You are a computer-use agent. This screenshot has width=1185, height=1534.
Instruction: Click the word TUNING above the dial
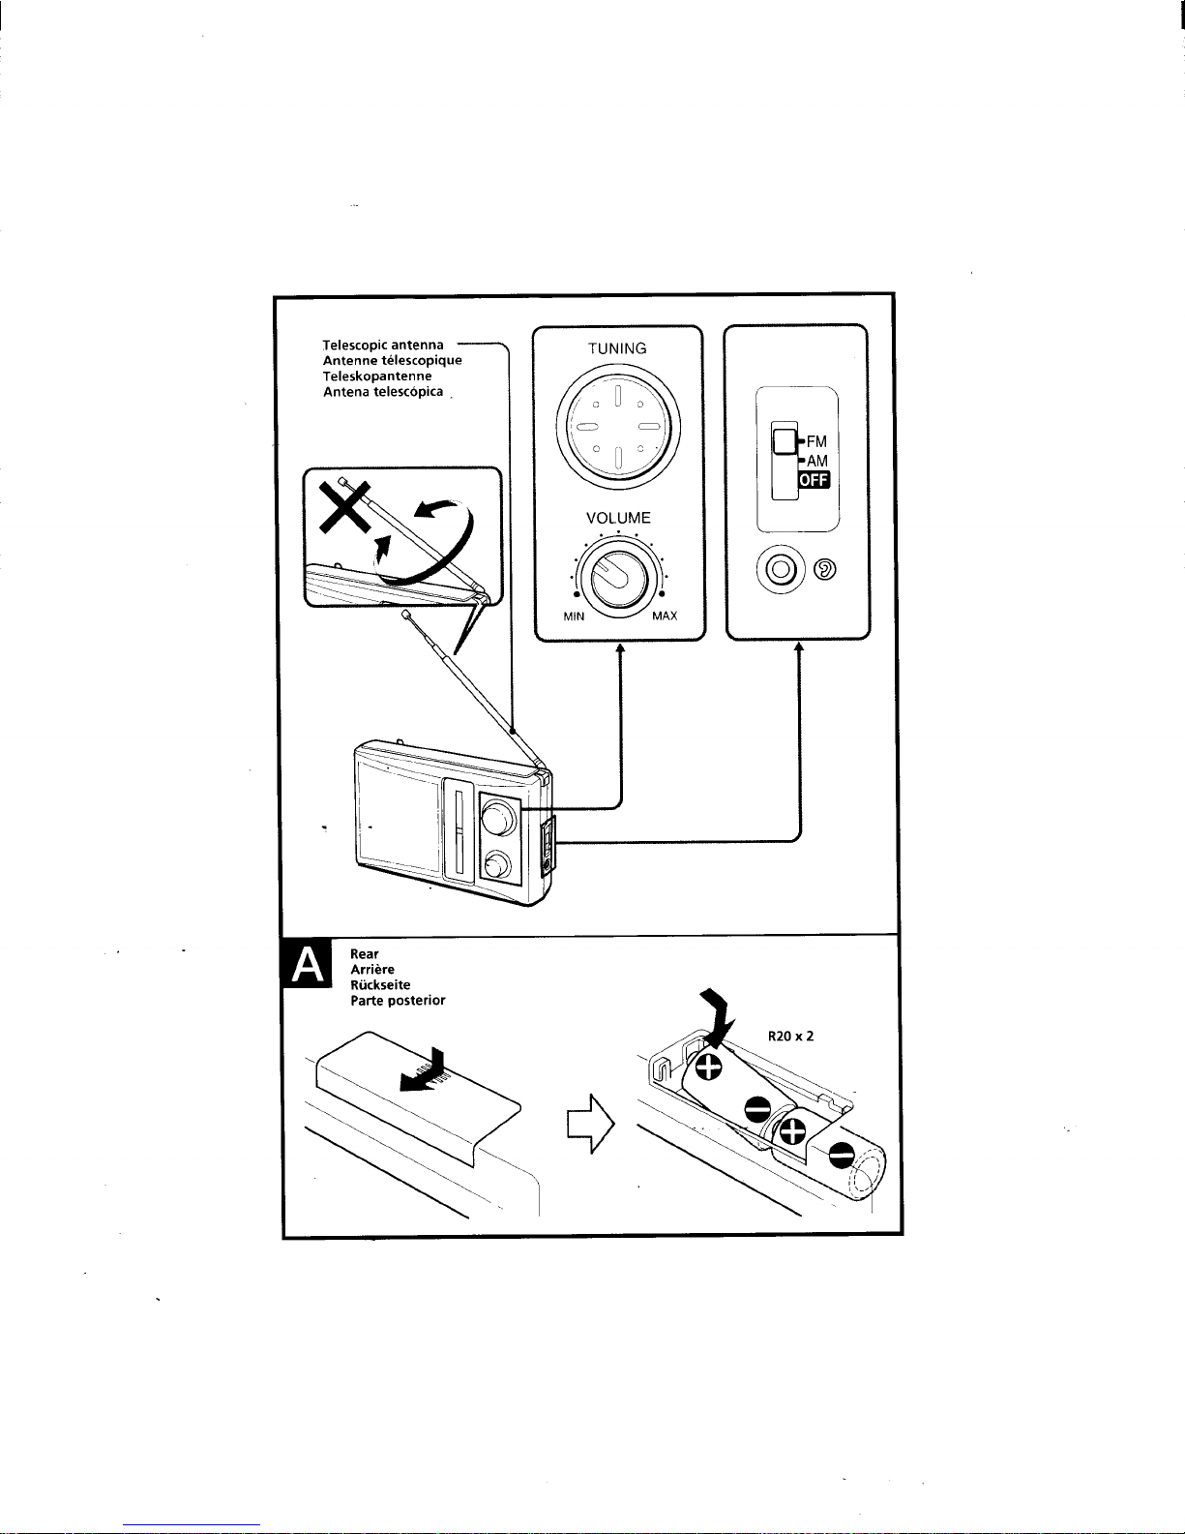(x=617, y=348)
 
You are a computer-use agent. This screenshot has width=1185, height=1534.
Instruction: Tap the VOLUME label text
(x=618, y=518)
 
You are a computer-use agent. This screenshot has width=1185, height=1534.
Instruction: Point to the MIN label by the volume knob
(x=575, y=617)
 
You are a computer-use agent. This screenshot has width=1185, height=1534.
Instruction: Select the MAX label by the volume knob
(x=664, y=617)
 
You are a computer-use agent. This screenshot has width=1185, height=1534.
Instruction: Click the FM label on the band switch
(x=816, y=443)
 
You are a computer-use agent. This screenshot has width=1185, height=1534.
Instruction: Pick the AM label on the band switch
(x=816, y=462)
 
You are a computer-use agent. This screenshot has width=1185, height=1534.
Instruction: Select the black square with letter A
(x=306, y=965)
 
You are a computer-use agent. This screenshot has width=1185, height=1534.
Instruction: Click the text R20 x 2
(x=790, y=1036)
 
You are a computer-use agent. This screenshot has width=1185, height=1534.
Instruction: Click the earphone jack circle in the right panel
(x=783, y=569)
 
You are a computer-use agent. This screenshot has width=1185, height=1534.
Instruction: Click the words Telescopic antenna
(x=384, y=345)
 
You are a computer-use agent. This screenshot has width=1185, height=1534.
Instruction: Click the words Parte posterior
(x=398, y=1001)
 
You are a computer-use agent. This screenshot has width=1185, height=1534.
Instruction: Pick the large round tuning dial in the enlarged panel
(x=617, y=427)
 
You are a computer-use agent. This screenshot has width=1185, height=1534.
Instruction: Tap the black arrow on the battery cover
(x=426, y=1072)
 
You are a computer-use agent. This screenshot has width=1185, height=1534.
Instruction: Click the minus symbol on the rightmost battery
(x=842, y=1154)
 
